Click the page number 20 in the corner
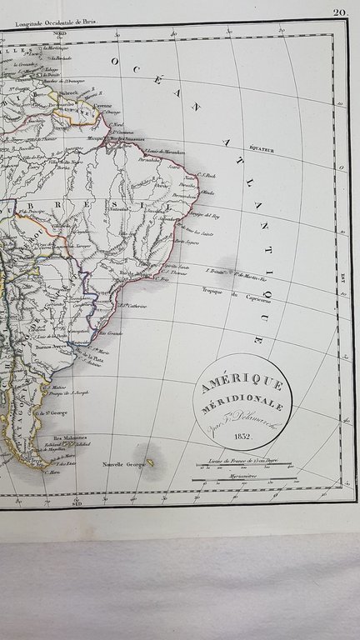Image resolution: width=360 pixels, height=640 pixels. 339,12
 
